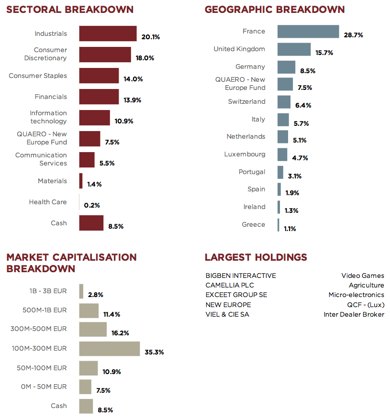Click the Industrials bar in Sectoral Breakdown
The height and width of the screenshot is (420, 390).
click(x=108, y=33)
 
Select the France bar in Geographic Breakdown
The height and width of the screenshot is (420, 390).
click(x=308, y=32)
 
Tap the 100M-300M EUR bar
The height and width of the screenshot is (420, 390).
click(x=109, y=349)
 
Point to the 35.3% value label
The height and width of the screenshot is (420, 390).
click(x=154, y=352)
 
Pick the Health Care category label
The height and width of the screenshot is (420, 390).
click(x=48, y=202)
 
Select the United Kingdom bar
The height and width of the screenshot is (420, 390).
click(x=294, y=49)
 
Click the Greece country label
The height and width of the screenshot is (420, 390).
click(x=253, y=224)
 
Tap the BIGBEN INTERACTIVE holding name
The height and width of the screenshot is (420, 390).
click(x=241, y=276)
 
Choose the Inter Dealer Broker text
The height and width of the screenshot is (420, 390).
click(x=354, y=314)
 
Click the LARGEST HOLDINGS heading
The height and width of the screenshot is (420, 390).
click(x=256, y=257)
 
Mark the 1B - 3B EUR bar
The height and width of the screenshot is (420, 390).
click(x=81, y=291)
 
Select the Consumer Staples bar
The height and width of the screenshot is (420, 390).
click(x=99, y=76)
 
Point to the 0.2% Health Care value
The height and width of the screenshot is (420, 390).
click(x=92, y=205)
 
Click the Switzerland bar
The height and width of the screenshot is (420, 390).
click(x=284, y=102)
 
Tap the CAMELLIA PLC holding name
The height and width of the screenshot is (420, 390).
click(x=230, y=285)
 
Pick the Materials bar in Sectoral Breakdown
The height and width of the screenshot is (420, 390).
click(x=81, y=181)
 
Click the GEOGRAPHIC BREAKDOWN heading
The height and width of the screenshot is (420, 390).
click(x=274, y=10)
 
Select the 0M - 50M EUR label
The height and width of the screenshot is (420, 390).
click(x=44, y=387)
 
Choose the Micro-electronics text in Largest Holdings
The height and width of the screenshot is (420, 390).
click(x=356, y=295)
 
